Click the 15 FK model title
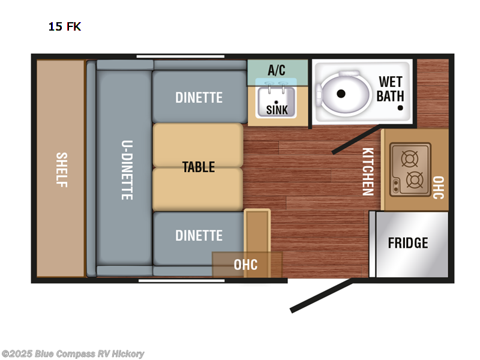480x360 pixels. [65, 26]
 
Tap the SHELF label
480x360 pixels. [62, 170]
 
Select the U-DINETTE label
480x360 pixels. [127, 170]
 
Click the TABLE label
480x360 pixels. [199, 167]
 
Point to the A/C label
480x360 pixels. [277, 70]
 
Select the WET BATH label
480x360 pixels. [391, 89]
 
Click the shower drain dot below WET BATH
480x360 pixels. [400, 108]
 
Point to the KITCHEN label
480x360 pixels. [368, 172]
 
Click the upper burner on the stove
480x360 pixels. [410, 159]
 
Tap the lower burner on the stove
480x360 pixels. [415, 180]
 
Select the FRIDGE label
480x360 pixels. [408, 243]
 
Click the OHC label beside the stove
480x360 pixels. [439, 187]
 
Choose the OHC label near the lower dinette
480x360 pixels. [245, 265]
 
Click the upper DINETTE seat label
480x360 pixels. [199, 98]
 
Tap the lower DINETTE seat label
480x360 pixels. [199, 236]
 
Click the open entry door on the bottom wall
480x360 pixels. [322, 296]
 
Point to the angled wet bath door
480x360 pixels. [356, 139]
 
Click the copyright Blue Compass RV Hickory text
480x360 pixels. [73, 354]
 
